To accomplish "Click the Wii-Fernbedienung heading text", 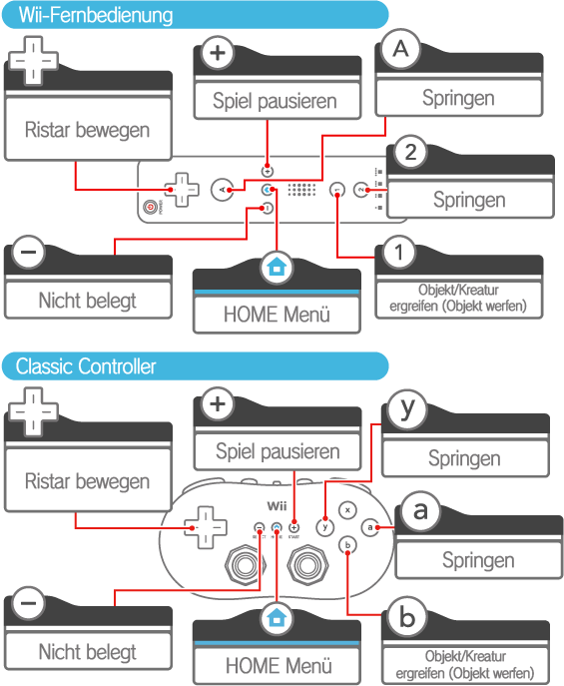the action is tap(96, 15).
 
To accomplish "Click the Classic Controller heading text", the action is tap(86, 366).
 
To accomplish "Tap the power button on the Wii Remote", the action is tap(151, 207).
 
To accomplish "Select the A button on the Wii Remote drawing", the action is tap(222, 190).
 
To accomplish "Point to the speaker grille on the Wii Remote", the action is tap(301, 190).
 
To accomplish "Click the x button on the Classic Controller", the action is tap(347, 510).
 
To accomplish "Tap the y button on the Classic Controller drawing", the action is tap(324, 527).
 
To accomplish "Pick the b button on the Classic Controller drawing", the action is tap(347, 545).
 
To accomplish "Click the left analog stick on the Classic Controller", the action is tap(246, 566).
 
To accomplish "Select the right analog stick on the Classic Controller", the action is tap(307, 566).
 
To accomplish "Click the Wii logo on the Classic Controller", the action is tap(277, 506).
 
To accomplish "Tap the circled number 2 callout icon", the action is tap(410, 152).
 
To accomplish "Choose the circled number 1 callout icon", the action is tap(398, 252).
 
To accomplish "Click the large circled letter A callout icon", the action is tap(400, 49).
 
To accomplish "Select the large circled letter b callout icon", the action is tap(406, 616).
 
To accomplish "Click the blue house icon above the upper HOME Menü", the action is tap(277, 267).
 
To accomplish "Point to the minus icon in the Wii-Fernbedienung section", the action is tap(28, 252).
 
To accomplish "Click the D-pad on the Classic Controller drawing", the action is tap(206, 527).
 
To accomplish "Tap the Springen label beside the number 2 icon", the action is tap(469, 200).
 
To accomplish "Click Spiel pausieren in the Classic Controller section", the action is tap(278, 451).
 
